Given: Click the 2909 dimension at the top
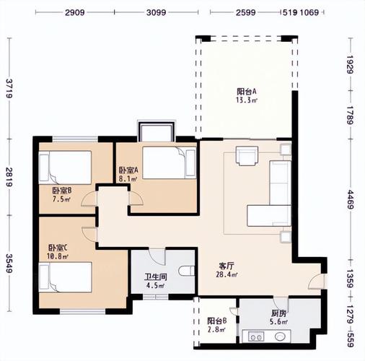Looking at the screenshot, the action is point(75,12).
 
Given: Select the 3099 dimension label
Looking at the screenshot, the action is point(157,12).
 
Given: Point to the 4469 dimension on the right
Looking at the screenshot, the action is point(351,199).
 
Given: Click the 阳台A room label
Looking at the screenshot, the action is point(247,92).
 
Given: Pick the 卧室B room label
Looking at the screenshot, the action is point(62,191).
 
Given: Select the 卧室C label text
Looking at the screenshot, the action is point(58,248).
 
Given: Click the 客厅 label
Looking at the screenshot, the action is point(227,266).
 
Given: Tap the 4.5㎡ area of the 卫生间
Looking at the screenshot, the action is point(156,286).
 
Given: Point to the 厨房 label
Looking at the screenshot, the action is point(278,313).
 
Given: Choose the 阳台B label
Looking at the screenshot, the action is point(217,321).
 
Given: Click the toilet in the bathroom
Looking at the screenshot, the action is point(187,271).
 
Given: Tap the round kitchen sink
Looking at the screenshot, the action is point(280,336).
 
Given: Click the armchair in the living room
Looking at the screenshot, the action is point(247,156).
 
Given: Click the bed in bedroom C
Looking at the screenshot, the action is point(65,277).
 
